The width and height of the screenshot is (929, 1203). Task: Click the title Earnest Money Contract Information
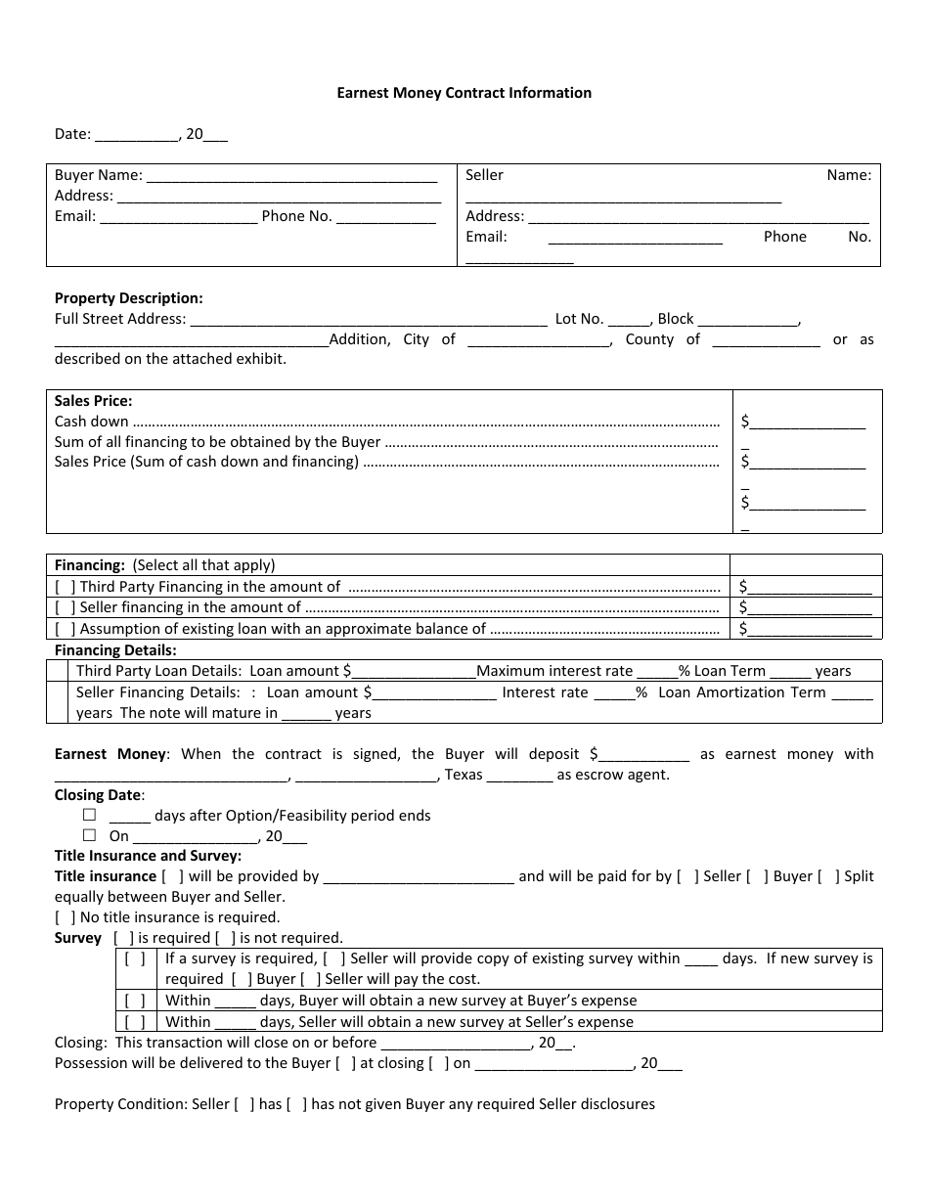[464, 93]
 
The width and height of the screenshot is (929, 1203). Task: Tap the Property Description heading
[128, 298]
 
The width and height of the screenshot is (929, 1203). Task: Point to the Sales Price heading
[93, 400]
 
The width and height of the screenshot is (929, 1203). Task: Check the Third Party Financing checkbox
[66, 587]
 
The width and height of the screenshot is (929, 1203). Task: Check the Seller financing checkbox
[66, 608]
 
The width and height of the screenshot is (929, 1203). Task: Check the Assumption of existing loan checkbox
[66, 630]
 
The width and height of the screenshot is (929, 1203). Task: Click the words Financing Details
[115, 650]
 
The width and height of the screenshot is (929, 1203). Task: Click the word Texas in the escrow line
[464, 775]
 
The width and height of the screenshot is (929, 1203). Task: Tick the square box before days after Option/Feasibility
[90, 815]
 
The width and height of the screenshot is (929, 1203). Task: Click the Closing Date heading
[98, 795]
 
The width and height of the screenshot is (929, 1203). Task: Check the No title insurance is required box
[66, 917]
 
